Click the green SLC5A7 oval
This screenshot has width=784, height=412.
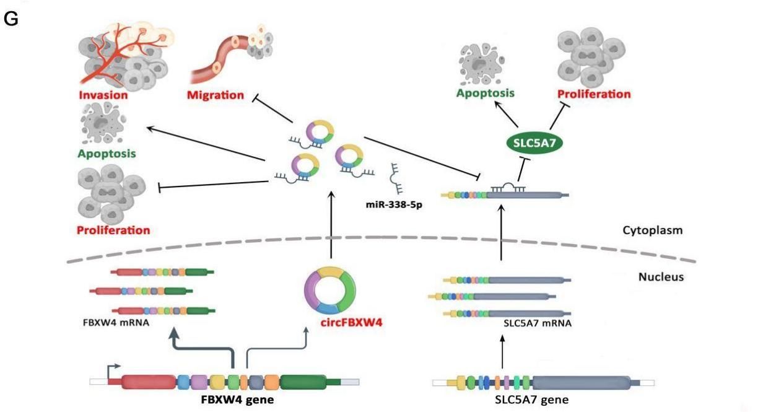click(x=534, y=144)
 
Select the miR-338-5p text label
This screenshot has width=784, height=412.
click(x=393, y=204)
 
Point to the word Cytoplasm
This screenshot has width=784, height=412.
click(x=652, y=230)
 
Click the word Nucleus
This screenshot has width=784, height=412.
click(x=661, y=277)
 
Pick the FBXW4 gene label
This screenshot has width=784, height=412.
click(x=237, y=399)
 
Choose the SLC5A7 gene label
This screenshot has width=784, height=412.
click(x=531, y=399)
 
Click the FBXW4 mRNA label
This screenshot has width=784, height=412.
click(x=115, y=322)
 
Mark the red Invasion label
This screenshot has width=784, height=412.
click(x=103, y=95)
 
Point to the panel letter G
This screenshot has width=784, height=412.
click(x=11, y=19)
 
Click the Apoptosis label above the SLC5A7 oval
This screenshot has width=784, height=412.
click(x=485, y=94)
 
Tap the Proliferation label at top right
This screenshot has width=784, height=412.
click(x=594, y=94)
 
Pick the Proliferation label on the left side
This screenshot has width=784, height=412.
click(x=113, y=230)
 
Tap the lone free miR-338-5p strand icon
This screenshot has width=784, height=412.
click(x=396, y=177)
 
